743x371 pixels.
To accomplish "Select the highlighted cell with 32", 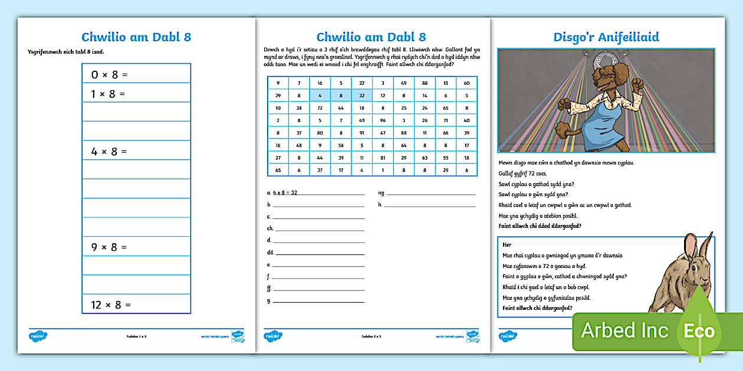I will pyautogui.click(x=361, y=95).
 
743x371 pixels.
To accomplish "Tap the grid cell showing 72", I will pyautogui.click(x=320, y=108).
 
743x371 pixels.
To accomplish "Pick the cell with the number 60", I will pyautogui.click(x=466, y=82).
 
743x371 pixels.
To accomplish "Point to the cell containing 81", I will pyautogui.click(x=383, y=158).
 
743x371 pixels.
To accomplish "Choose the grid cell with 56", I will pyautogui.click(x=341, y=145).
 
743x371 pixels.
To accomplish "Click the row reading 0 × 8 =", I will pyautogui.click(x=136, y=74).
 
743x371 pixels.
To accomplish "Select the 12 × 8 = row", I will pyautogui.click(x=136, y=304).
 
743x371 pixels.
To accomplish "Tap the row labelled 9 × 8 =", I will pyautogui.click(x=136, y=247).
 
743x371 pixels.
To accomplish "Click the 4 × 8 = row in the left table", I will pyautogui.click(x=136, y=151).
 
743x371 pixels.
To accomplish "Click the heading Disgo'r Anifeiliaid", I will pyautogui.click(x=606, y=37).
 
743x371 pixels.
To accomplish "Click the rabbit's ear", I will pyautogui.click(x=690, y=247).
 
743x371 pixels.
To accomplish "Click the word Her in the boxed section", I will pyautogui.click(x=507, y=244).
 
